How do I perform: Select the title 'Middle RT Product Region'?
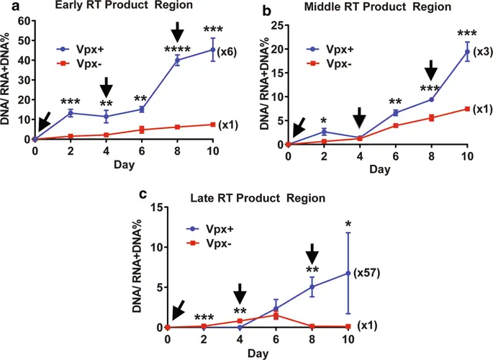374,7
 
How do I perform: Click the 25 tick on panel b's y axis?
276,25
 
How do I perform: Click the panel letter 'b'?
268,11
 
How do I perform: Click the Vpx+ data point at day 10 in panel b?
467,52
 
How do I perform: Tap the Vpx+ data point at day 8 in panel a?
177,60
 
